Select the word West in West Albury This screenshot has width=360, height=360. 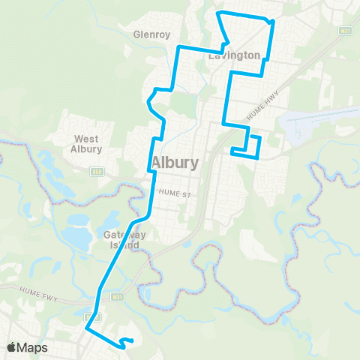(87, 139)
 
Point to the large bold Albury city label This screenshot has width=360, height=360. (175, 163)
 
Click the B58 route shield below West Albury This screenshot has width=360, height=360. (97, 171)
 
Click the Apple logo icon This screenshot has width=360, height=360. (13, 347)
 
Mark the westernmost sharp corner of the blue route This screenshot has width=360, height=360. (88, 328)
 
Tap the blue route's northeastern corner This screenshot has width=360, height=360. (272, 22)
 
